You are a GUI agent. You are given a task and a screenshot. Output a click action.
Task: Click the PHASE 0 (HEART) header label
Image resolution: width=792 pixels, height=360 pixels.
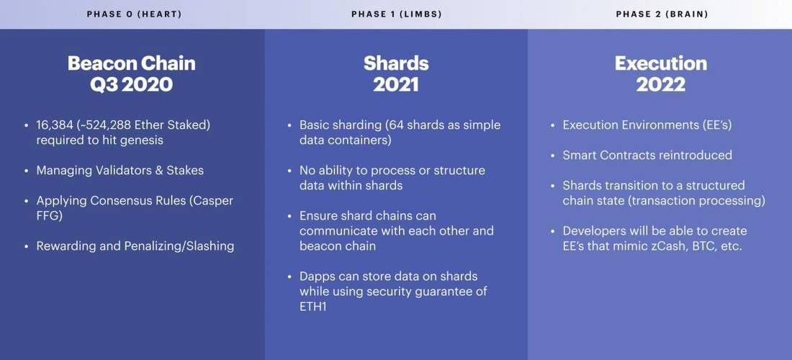point(134,14)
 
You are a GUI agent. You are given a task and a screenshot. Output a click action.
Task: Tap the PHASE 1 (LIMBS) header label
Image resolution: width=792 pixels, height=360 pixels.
point(397,14)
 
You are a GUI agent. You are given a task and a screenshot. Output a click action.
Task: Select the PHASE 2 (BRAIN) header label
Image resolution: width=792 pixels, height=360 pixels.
point(662,14)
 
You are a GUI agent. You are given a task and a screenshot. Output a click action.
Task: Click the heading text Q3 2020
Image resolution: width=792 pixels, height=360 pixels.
point(131,84)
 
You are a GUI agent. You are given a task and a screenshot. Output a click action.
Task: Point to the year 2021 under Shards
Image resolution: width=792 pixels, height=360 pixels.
point(396,84)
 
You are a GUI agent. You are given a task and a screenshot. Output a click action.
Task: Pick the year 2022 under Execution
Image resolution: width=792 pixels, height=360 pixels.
point(661,84)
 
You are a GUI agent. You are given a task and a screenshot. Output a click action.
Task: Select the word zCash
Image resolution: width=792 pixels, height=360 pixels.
point(655,246)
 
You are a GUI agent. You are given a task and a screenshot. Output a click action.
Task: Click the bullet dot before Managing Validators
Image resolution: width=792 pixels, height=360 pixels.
point(26,171)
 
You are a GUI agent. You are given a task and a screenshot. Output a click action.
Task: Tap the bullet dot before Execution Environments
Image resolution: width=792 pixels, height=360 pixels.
point(553,125)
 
